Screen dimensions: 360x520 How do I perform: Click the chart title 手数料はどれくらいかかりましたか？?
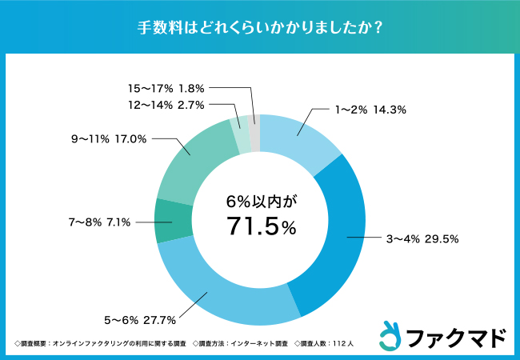tap(259, 26)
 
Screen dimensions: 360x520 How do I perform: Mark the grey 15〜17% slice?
tap(254, 130)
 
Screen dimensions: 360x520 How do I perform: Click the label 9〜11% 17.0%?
tap(108, 138)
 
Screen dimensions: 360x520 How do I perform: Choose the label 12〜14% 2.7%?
tap(166, 105)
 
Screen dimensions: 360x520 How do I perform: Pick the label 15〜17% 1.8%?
tap(166, 87)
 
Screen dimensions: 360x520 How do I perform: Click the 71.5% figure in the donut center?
tap(260, 227)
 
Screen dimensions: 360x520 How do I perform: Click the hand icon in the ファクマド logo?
tap(389, 335)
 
